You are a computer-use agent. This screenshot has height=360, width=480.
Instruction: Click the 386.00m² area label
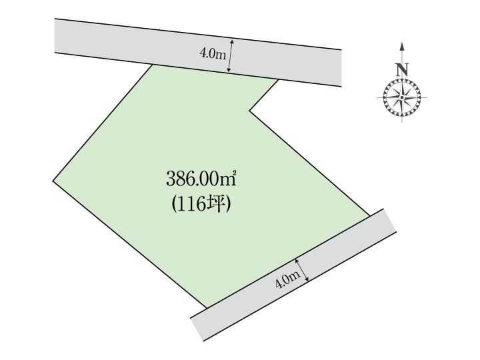201,179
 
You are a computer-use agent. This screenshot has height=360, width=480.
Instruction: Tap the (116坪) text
201,204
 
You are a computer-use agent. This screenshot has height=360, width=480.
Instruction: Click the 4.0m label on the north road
213,54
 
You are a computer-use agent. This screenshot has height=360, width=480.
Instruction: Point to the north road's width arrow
230,56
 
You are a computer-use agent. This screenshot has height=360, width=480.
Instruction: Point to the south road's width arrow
302,270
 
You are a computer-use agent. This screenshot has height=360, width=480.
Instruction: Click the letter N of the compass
401,70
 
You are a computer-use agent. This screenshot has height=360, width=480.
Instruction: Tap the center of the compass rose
401,97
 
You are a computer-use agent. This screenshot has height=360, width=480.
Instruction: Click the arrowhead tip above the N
401,43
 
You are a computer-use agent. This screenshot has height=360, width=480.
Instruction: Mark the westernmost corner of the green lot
53,181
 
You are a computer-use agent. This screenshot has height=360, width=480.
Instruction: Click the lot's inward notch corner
249,111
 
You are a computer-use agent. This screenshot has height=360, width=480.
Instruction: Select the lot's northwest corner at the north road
152,65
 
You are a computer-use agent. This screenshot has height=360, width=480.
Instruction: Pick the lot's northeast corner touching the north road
278,79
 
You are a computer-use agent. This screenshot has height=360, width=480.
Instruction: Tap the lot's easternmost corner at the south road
370,216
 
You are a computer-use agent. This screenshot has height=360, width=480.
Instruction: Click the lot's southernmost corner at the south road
207,308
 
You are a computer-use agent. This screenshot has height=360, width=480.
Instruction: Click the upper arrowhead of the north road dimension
232,41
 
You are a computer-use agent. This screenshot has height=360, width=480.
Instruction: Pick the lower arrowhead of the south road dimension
307,279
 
